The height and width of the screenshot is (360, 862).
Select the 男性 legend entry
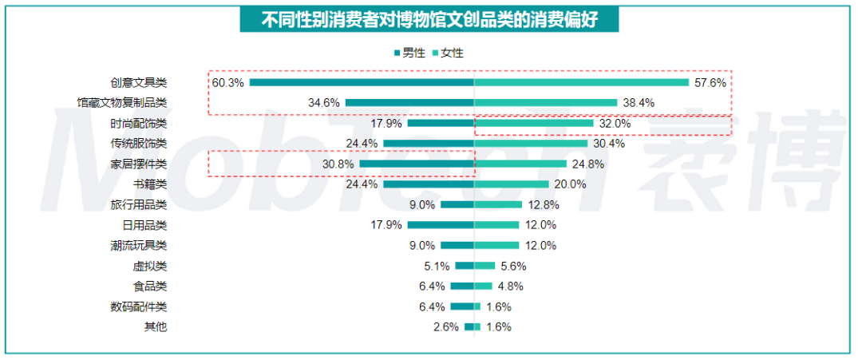pyautogui.click(x=409, y=53)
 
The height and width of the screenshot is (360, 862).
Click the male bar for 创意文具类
pyautogui.click(x=362, y=82)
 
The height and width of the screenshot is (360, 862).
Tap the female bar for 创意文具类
pyautogui.click(x=581, y=82)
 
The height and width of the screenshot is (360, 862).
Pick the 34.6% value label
pyautogui.click(x=324, y=103)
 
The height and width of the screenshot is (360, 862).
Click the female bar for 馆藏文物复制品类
pyautogui.click(x=546, y=103)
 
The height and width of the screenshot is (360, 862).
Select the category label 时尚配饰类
pyautogui.click(x=139, y=124)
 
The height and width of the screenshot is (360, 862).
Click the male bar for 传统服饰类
pyautogui.click(x=429, y=144)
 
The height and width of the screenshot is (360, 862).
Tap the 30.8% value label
pyautogui.click(x=338, y=164)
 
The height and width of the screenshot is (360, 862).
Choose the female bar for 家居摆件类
pyautogui.click(x=520, y=164)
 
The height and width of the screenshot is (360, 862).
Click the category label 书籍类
pyautogui.click(x=149, y=184)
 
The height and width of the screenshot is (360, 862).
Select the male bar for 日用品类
pyautogui.click(x=441, y=225)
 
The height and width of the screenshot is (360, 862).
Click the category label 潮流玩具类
pyautogui.click(x=139, y=246)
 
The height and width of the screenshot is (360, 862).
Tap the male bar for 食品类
pyautogui.click(x=462, y=287)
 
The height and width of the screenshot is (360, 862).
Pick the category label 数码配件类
pyautogui.click(x=139, y=307)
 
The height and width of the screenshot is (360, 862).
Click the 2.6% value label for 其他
pyautogui.click(x=446, y=327)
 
